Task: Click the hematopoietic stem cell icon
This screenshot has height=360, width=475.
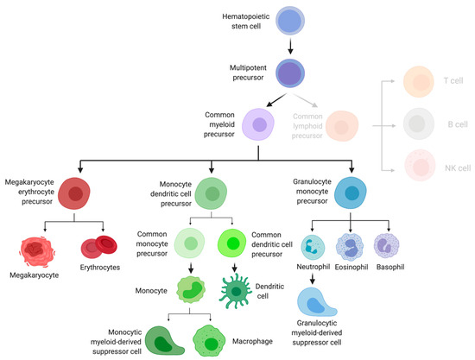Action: click(288, 23)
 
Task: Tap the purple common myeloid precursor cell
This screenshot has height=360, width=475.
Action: click(259, 124)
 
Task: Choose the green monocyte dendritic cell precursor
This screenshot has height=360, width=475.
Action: click(212, 193)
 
